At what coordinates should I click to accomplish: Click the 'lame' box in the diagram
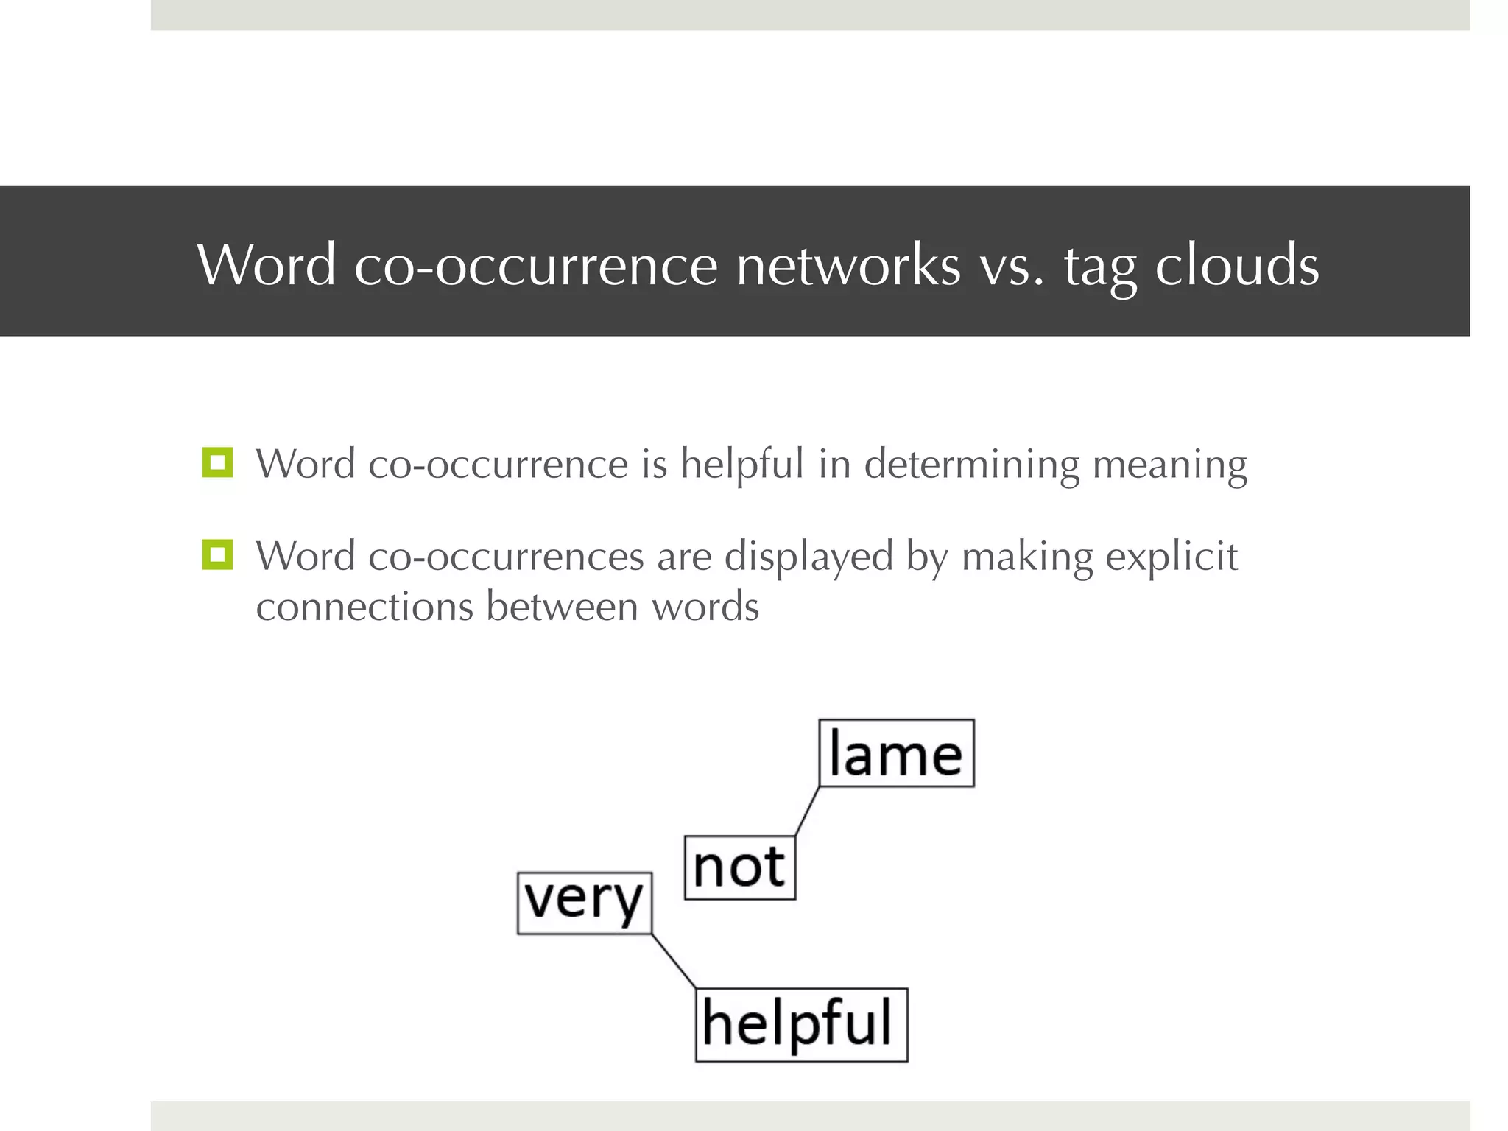896,753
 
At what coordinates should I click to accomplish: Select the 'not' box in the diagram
739,867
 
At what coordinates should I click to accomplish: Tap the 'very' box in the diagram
584,902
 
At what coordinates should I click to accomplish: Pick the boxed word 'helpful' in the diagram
800,1023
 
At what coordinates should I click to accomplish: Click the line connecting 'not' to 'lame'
808,811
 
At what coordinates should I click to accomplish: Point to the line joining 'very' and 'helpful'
674,961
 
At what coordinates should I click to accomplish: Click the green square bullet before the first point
217,463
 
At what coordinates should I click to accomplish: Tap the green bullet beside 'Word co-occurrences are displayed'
217,555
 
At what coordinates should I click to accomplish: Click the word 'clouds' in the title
1236,264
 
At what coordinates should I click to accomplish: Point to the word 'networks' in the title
848,264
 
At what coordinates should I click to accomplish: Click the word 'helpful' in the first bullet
741,464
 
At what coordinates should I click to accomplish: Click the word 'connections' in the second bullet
364,607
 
